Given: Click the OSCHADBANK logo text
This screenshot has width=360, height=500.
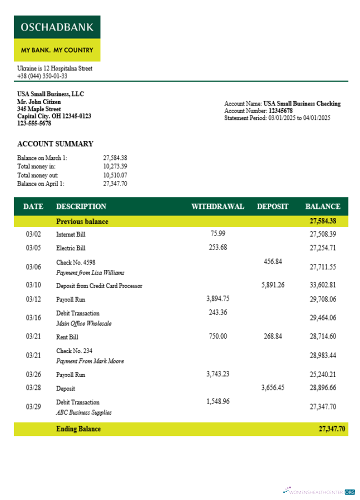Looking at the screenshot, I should tap(57, 27).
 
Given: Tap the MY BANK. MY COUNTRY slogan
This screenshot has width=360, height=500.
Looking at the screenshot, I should tap(57, 50).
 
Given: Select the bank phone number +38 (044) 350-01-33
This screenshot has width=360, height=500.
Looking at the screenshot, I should tap(42, 76).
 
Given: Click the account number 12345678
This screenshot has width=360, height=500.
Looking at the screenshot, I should tap(280, 111).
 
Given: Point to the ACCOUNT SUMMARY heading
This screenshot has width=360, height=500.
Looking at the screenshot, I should tap(55, 144).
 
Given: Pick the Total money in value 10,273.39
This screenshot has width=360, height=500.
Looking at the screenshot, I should tap(115, 166).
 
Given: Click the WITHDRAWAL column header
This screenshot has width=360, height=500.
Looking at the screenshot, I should tap(217, 206).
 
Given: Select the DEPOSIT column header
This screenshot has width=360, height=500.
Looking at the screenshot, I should tap(272, 206).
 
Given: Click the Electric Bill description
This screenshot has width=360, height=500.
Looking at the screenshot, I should tap(70, 248).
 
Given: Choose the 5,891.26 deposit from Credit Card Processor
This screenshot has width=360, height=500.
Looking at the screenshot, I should tap(272, 285).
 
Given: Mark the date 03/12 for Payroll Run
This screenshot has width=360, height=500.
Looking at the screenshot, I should tap(33, 299).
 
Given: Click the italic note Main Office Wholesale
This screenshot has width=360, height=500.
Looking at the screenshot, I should tap(83, 323).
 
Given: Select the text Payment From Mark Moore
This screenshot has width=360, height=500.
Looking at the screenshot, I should tap(90, 361).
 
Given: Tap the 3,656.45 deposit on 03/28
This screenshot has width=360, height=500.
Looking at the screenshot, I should tap(272, 387).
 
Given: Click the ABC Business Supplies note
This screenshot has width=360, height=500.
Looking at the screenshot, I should tap(83, 412).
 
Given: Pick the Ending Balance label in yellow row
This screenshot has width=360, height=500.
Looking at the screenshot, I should tap(78, 429).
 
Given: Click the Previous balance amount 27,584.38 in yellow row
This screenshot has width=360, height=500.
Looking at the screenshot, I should tap(322, 221).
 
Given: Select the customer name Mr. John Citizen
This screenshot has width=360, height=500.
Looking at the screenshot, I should tap(39, 101).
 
